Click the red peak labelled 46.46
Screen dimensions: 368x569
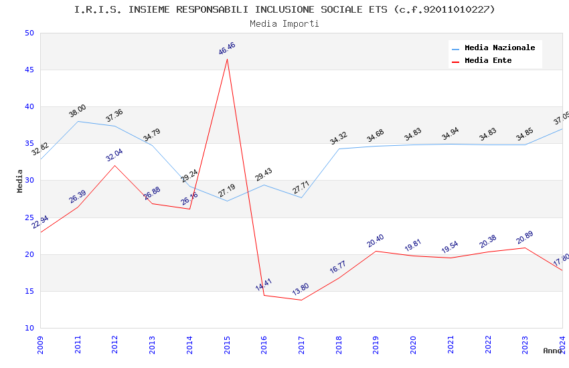(x=227, y=59)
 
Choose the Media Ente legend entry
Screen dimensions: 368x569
(x=488, y=60)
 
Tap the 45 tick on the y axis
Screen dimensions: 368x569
(x=29, y=70)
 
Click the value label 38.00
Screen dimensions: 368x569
(x=78, y=111)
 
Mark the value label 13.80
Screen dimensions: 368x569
(x=301, y=289)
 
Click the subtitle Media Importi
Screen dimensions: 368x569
(x=284, y=23)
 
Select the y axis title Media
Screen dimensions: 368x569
(x=20, y=181)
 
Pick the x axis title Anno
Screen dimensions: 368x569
(x=552, y=351)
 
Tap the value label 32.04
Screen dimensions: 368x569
(x=114, y=155)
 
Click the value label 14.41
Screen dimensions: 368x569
(x=264, y=284)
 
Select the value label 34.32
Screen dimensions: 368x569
(x=339, y=139)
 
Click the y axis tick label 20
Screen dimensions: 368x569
(x=29, y=254)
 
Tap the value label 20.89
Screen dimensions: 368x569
(x=524, y=238)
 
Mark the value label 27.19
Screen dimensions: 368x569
(x=227, y=191)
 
